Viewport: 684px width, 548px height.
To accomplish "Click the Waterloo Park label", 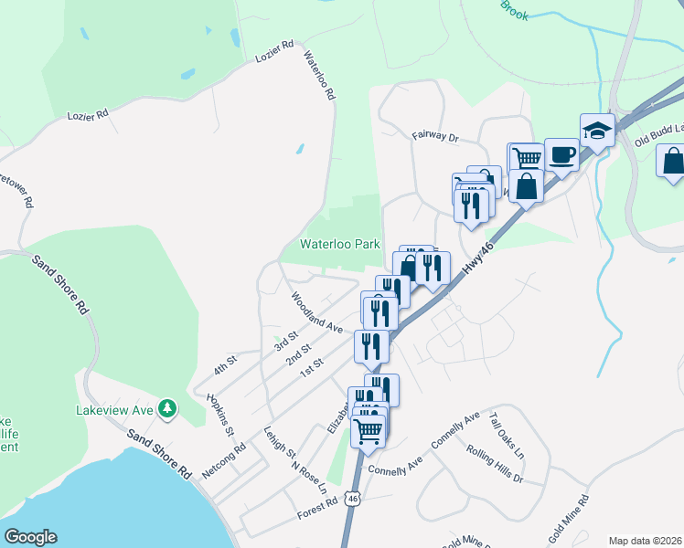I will pos(339,245).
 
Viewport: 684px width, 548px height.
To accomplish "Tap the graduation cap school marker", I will pos(597,130).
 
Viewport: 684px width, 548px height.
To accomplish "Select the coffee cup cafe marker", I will pos(561,154).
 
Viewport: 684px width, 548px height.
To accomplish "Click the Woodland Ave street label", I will pos(316,311).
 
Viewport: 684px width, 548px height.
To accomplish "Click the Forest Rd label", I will pos(318,514).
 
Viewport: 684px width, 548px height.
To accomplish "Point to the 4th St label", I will pos(225,364).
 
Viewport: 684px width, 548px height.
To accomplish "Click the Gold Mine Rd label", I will pos(569,515).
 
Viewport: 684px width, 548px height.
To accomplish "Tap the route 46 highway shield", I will pos(353,498).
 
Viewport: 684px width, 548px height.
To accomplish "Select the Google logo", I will pos(30,537).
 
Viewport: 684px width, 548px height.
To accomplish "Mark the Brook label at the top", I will pos(515,10).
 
